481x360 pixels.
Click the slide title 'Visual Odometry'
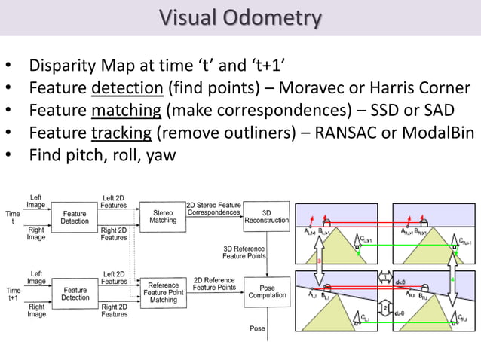(x=240, y=17)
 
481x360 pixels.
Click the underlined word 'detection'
(x=127, y=89)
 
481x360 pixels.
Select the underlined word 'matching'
(x=126, y=111)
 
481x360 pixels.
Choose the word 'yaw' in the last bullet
(x=160, y=156)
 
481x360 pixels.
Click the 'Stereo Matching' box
(x=163, y=217)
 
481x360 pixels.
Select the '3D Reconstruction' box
(x=267, y=217)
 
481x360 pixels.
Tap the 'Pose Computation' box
(x=267, y=291)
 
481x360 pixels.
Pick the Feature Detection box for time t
(x=75, y=217)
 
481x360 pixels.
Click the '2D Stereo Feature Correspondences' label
(x=213, y=208)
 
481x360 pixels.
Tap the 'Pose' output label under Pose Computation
(x=257, y=329)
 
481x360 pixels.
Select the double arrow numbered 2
(x=384, y=307)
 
